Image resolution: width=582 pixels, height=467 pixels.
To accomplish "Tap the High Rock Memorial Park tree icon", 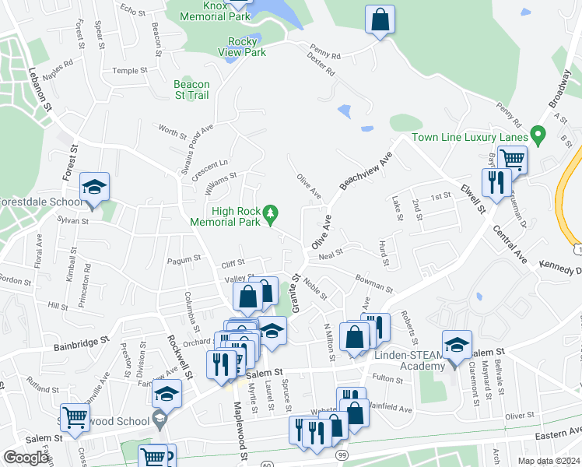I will point(270,212).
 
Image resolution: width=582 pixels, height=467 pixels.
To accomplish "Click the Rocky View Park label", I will point(247,47).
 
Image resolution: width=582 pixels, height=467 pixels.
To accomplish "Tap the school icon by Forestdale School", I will point(94,188).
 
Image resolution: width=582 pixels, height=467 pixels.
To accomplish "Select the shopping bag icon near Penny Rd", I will point(380,20).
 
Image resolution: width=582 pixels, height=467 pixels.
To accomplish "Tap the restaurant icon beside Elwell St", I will point(495,184).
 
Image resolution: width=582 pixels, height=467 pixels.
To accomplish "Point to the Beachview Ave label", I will point(363,170).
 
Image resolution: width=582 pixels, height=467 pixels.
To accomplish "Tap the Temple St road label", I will point(129,70).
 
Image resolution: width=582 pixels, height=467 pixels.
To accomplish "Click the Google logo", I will point(26,457).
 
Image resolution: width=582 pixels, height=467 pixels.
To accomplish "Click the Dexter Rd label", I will point(321,65).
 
